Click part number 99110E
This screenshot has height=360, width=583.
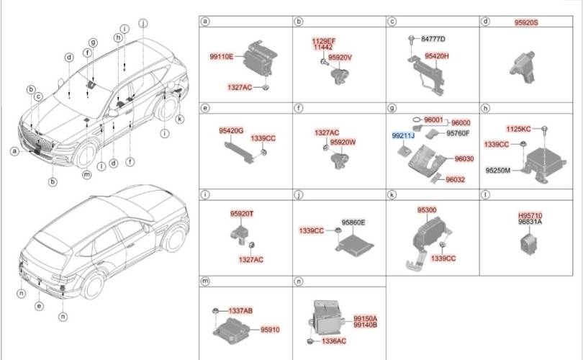pos(222,57)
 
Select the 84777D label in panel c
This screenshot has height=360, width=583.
pos(433,39)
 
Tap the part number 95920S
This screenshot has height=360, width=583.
pos(526,23)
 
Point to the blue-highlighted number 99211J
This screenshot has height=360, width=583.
pos(403,136)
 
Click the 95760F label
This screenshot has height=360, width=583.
pos(458,133)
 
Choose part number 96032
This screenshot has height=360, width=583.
pos(455,179)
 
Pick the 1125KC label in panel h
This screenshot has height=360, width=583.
pos(518,129)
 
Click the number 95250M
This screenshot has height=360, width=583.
pos(498,171)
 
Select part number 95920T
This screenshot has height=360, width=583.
pos(242,214)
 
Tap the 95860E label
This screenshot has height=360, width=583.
pos(353,222)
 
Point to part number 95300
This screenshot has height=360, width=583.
pos(427,210)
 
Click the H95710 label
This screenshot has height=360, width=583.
pos(530,216)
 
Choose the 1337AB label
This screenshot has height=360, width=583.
pos(240,311)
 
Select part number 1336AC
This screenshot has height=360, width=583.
pos(334,341)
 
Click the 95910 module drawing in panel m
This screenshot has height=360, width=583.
pos(230,329)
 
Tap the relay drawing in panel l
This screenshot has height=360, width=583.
pos(529,243)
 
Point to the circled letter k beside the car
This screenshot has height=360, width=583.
pos(180,119)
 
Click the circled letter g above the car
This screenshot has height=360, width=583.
pos(93,42)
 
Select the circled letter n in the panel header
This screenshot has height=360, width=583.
pos(299,282)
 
